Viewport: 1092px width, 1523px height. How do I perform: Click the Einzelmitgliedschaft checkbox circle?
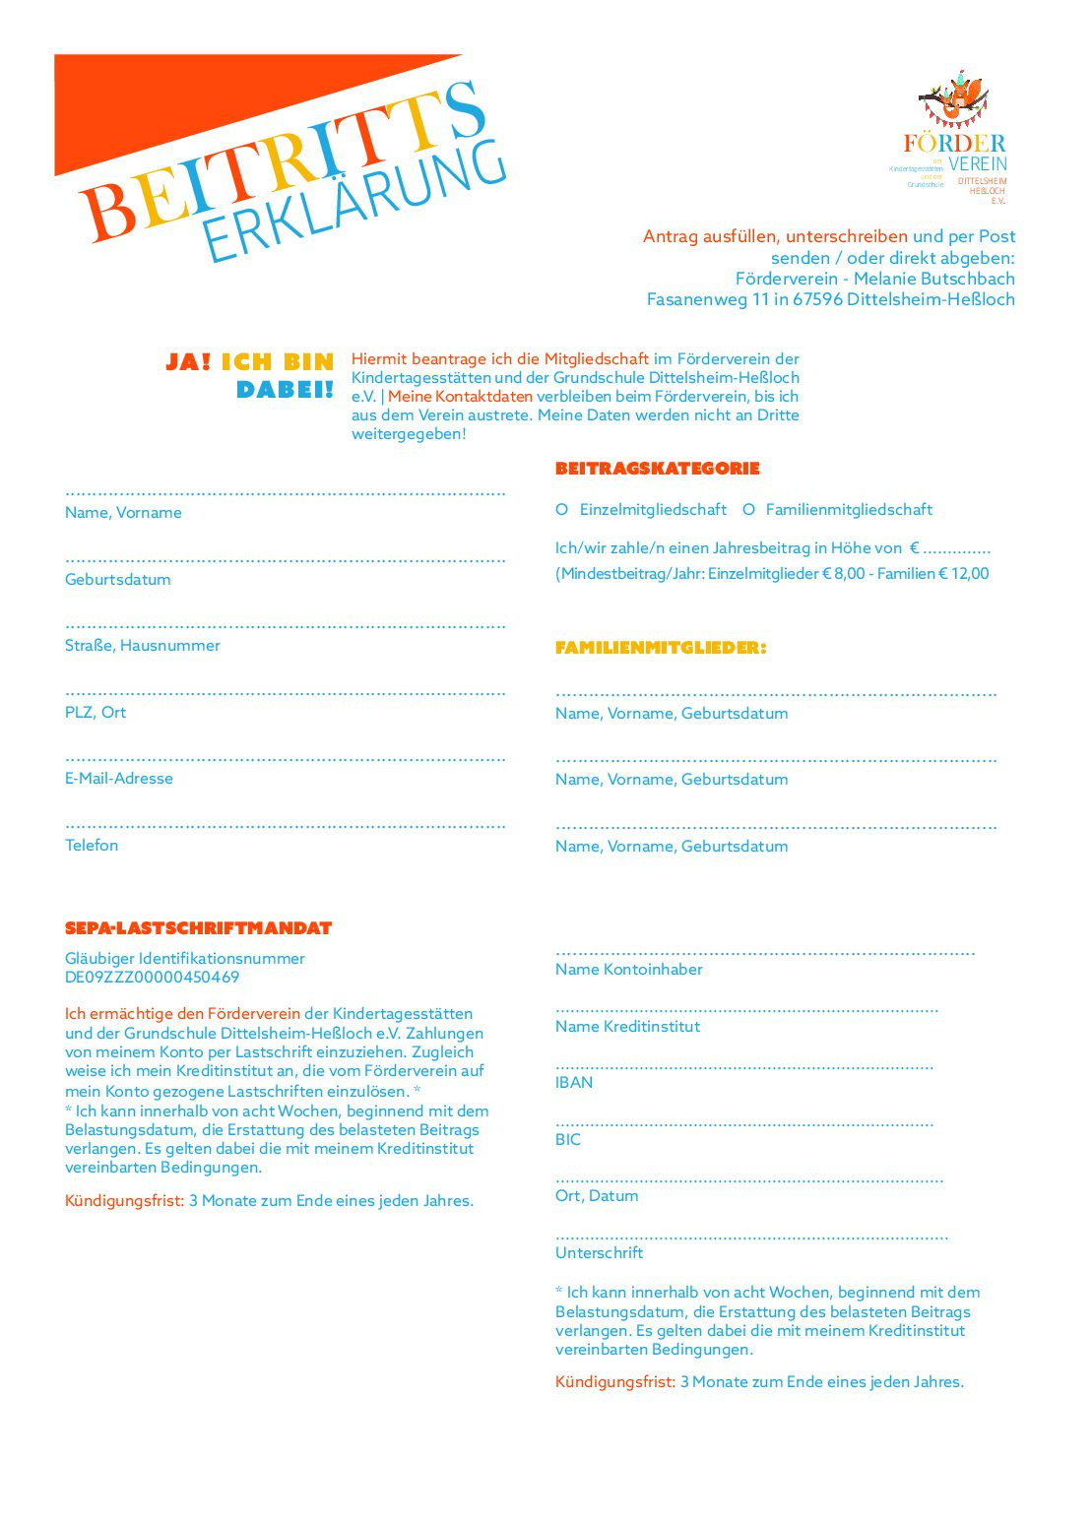pos(561,509)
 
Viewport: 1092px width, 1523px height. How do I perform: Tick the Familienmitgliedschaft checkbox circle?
pos(748,509)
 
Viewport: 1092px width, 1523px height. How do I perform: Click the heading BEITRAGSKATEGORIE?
pos(657,469)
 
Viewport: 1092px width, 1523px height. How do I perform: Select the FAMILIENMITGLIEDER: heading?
pos(660,648)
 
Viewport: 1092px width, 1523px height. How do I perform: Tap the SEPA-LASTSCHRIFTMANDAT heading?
pos(198,928)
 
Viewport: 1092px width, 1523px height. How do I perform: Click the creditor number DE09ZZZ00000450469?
pos(152,978)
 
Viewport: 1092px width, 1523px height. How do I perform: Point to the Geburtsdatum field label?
pos(117,580)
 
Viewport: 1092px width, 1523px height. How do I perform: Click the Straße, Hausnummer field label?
pos(142,646)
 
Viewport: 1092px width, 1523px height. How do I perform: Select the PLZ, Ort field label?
pos(96,713)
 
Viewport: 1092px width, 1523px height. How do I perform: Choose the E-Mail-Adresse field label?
pos(118,779)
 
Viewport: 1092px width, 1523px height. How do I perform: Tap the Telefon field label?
pos(92,846)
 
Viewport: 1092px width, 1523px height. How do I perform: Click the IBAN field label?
pos(574,1083)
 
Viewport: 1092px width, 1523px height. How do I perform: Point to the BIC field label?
pos(568,1140)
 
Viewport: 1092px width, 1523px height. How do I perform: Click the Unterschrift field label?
pos(599,1253)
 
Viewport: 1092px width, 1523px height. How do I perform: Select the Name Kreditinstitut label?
pos(627,1027)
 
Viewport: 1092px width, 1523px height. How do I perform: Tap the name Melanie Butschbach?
pos(933,279)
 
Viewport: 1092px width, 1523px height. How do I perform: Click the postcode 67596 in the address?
pos(817,299)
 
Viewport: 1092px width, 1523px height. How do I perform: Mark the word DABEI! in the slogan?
pos(285,390)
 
